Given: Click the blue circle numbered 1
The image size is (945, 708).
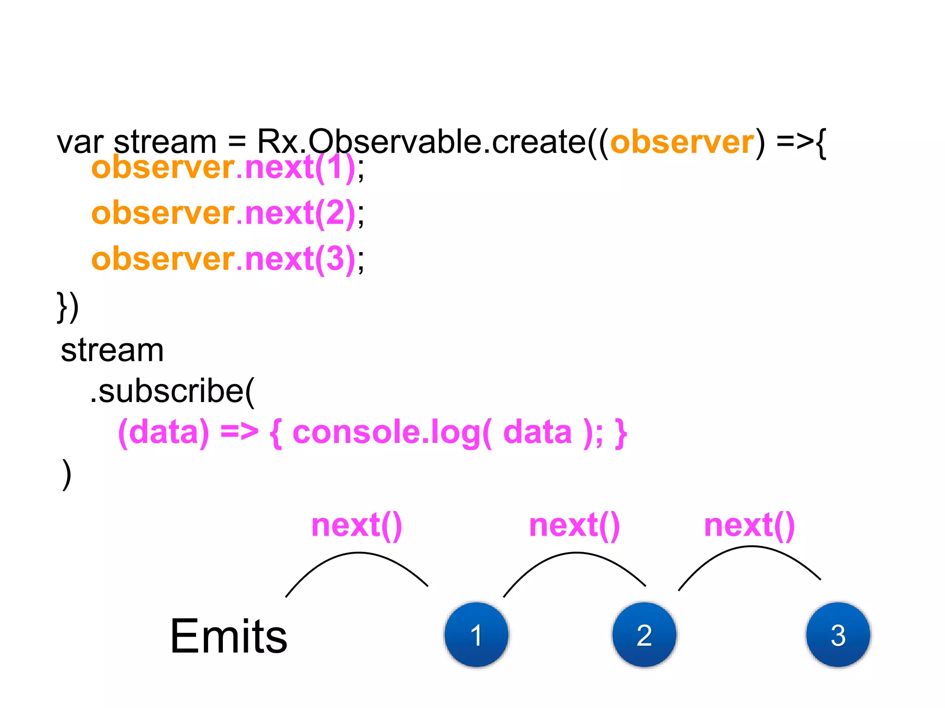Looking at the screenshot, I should [x=476, y=635].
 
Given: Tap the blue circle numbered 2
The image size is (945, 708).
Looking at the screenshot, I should [x=644, y=635].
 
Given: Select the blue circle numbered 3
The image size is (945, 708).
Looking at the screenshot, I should [x=838, y=635].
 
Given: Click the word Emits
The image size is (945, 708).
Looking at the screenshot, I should [x=228, y=637].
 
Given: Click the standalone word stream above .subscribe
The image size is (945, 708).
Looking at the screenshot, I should [x=112, y=350].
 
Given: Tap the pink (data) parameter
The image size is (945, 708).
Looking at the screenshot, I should [x=163, y=432].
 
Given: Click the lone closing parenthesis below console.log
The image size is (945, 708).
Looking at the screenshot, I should [x=67, y=474].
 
